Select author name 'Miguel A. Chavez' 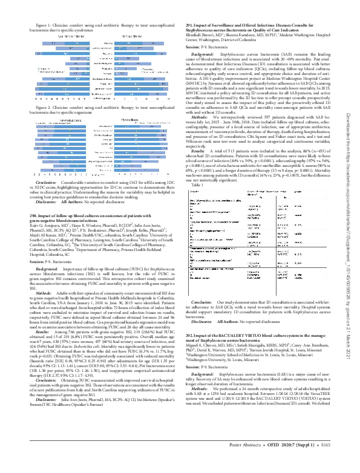(197, 327)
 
